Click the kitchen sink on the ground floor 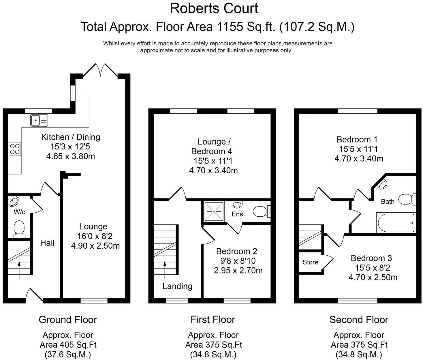(x=39, y=120)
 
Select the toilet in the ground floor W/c (x=19, y=227)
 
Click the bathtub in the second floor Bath (x=396, y=223)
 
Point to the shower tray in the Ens (x=214, y=211)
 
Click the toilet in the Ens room (x=261, y=211)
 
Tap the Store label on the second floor (x=310, y=262)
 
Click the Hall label (x=47, y=243)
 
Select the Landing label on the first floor (x=177, y=286)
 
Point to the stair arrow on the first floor (x=165, y=269)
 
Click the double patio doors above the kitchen (x=101, y=70)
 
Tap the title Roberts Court (x=214, y=8)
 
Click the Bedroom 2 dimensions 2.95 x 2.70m (x=238, y=271)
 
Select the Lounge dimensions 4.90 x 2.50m (x=95, y=246)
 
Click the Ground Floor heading (x=68, y=320)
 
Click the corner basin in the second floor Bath (x=383, y=184)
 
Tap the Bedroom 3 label (x=371, y=258)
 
